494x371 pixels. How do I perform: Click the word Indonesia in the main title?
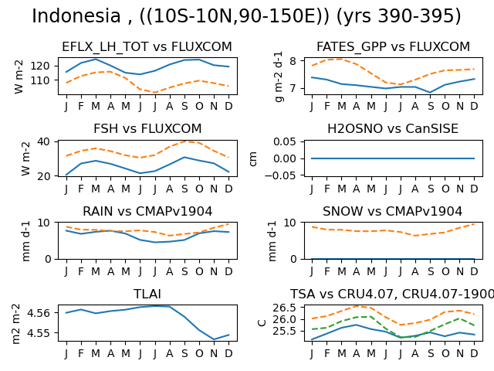pyautogui.click(x=76, y=15)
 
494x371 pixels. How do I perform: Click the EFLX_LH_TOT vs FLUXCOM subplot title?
pyautogui.click(x=147, y=46)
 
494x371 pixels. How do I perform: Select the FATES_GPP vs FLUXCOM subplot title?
pyautogui.click(x=393, y=46)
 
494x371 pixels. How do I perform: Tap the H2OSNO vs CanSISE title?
pyautogui.click(x=393, y=129)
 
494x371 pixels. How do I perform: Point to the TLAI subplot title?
pyautogui.click(x=147, y=294)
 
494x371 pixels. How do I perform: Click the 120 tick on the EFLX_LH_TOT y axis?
pyautogui.click(x=40, y=66)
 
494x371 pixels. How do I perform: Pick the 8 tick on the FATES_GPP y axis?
pyautogui.click(x=293, y=60)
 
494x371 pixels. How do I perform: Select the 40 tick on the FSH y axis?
pyautogui.click(x=43, y=141)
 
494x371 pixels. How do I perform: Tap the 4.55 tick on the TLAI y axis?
pyautogui.click(x=39, y=333)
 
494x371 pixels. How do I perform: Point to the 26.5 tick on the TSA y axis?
pyautogui.click(x=285, y=308)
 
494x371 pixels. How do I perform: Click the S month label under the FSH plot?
pyautogui.click(x=184, y=189)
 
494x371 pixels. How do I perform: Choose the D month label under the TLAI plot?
pyautogui.click(x=228, y=353)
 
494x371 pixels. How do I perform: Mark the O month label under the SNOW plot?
pyautogui.click(x=445, y=271)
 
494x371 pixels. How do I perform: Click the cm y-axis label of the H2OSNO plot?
pyautogui.click(x=253, y=158)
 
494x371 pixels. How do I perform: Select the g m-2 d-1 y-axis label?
pyautogui.click(x=279, y=77)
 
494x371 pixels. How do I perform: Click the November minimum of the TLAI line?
pyautogui.click(x=214, y=339)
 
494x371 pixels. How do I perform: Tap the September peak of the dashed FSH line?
pyautogui.click(x=184, y=141)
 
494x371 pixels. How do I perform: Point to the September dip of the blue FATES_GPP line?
pyautogui.click(x=431, y=93)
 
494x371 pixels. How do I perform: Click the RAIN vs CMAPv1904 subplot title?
pyautogui.click(x=147, y=211)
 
